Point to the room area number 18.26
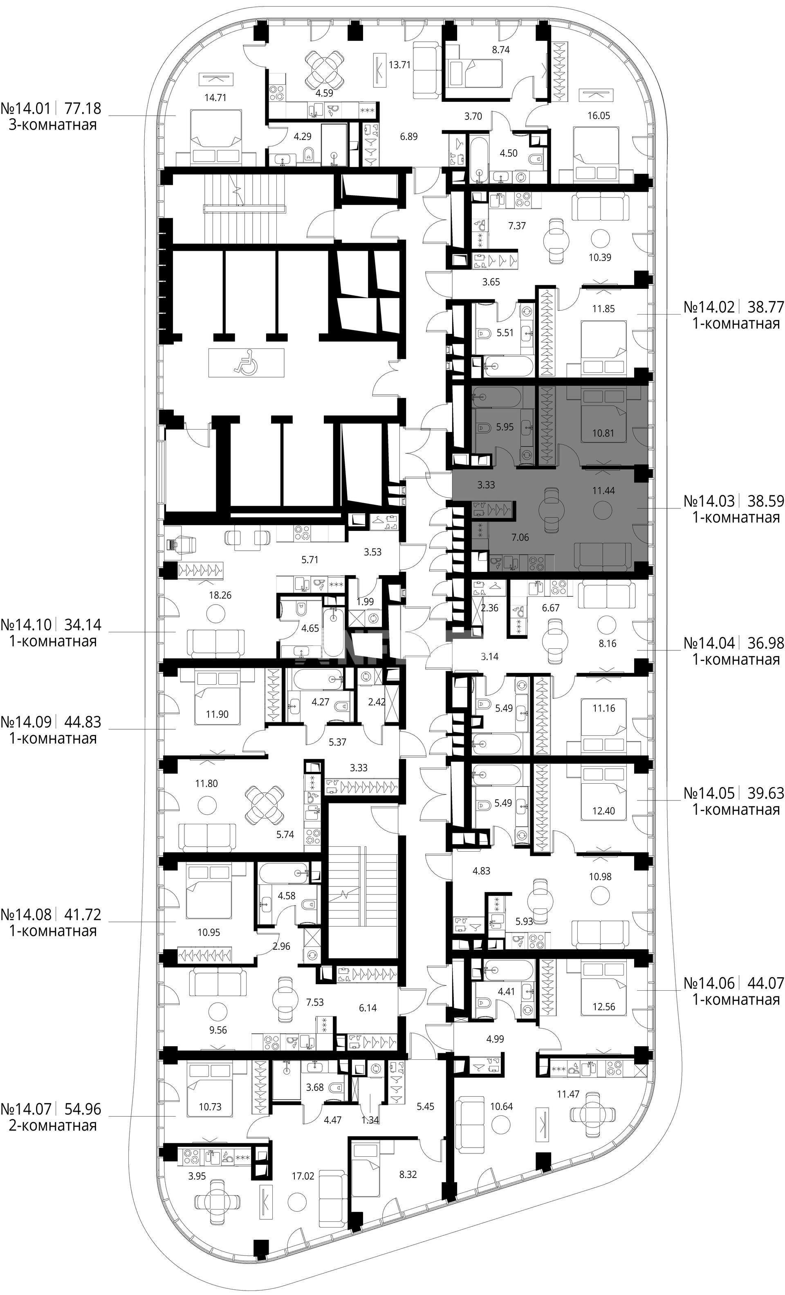coord(220,596)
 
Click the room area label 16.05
coord(599,116)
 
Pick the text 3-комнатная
coord(53,125)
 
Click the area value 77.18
coord(83,109)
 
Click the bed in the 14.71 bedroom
coord(216,136)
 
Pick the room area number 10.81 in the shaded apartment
coord(603,434)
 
